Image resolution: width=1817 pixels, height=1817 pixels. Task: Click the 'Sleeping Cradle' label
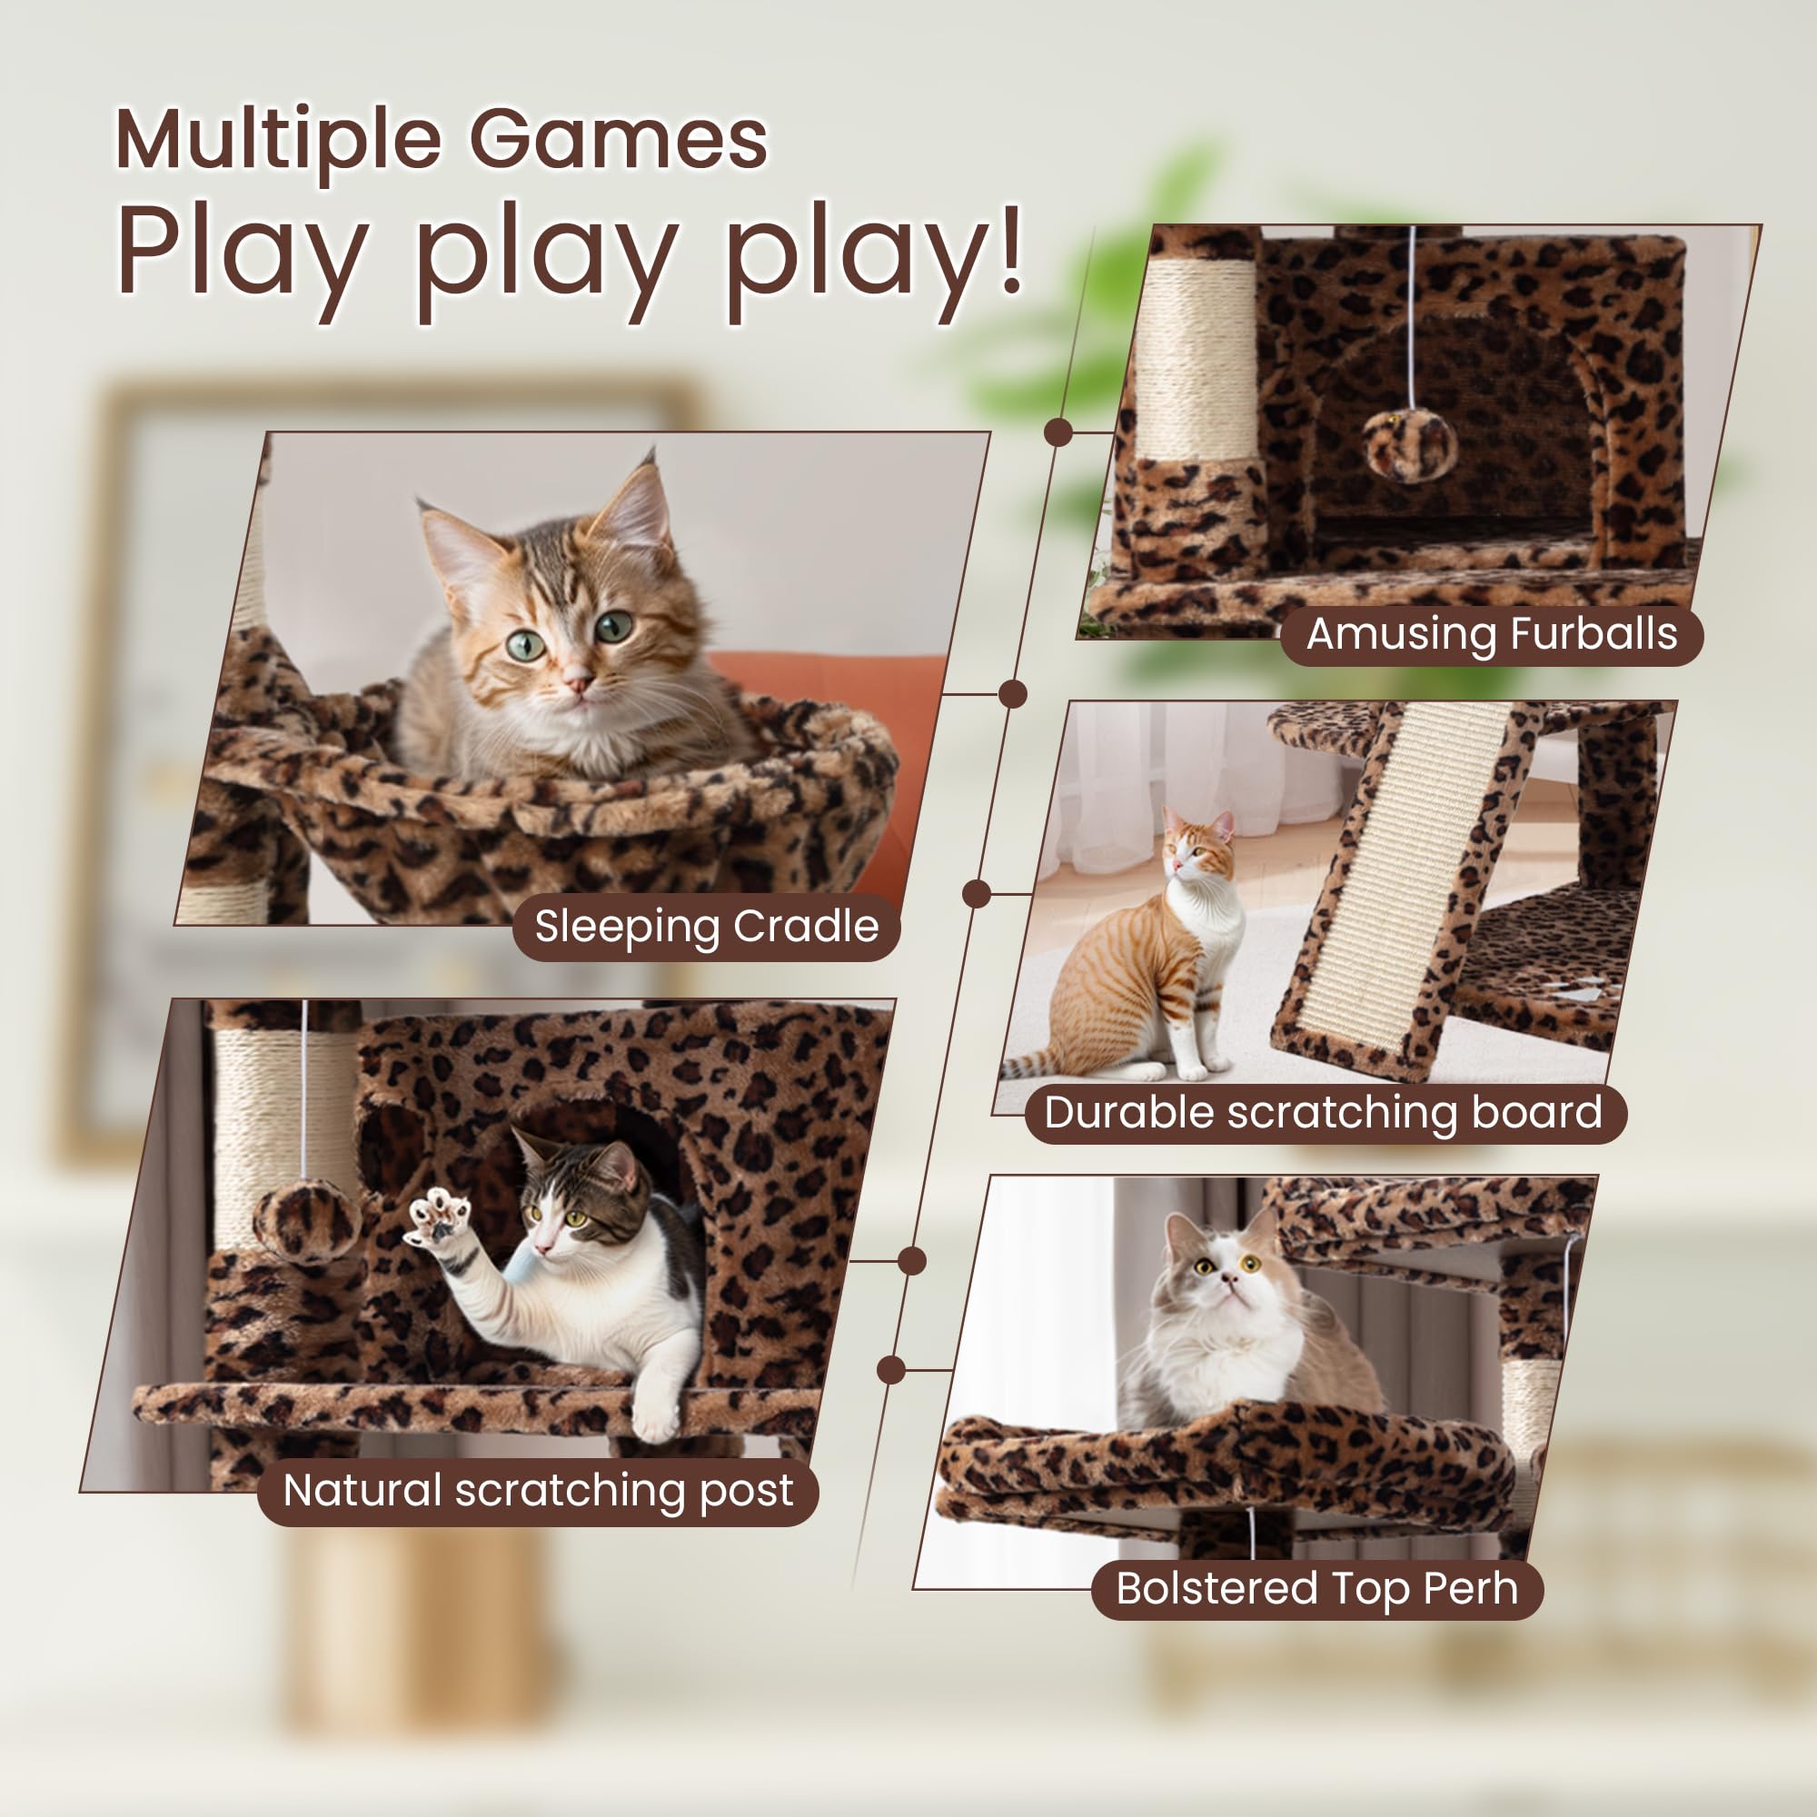706,927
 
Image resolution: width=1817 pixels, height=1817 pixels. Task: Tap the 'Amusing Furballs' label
1492,634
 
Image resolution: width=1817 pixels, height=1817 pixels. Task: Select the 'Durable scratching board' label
1325,1114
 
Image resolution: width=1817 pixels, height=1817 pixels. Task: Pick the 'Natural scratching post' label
538,1491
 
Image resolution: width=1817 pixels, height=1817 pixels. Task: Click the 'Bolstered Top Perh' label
1316,1588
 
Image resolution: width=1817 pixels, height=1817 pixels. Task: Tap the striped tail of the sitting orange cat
1035,1065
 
